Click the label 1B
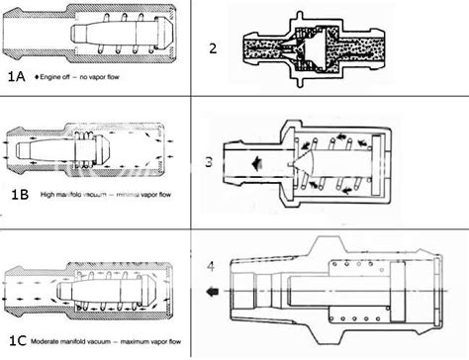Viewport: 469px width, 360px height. pos(18,195)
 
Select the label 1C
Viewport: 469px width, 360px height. pos(18,343)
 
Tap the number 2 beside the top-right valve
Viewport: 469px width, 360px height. pos(214,48)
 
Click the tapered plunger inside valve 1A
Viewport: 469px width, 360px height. pos(110,38)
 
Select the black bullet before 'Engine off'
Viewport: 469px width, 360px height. pos(38,76)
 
